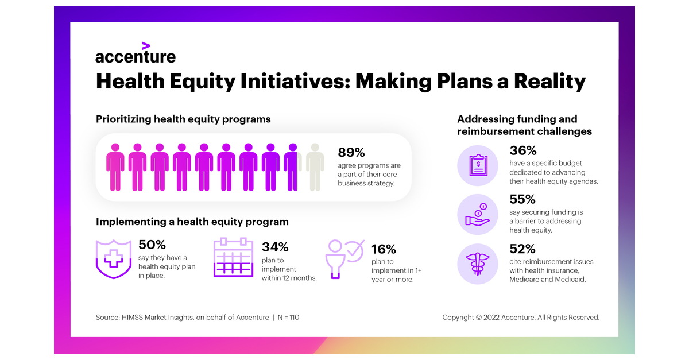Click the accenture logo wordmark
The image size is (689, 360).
click(136, 57)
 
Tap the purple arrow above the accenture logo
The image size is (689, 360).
click(146, 46)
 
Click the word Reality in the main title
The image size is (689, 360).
click(549, 82)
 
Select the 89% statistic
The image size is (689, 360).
click(351, 152)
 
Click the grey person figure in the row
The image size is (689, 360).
click(315, 167)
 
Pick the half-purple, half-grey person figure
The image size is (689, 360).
click(293, 167)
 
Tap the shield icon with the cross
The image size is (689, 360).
click(114, 259)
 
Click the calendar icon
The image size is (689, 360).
click(234, 257)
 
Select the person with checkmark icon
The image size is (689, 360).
click(344, 259)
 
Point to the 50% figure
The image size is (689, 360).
click(152, 245)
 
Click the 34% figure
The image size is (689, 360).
click(275, 247)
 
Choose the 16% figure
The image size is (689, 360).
click(384, 249)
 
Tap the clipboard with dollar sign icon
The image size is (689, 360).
click(478, 165)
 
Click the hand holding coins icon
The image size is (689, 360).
click(477, 215)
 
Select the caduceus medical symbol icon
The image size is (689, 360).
click(477, 264)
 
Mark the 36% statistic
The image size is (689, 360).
click(523, 150)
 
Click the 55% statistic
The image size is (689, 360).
click(522, 199)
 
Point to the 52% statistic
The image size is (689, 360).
click(522, 249)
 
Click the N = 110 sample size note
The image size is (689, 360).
click(288, 318)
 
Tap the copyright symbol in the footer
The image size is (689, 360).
click(479, 318)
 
